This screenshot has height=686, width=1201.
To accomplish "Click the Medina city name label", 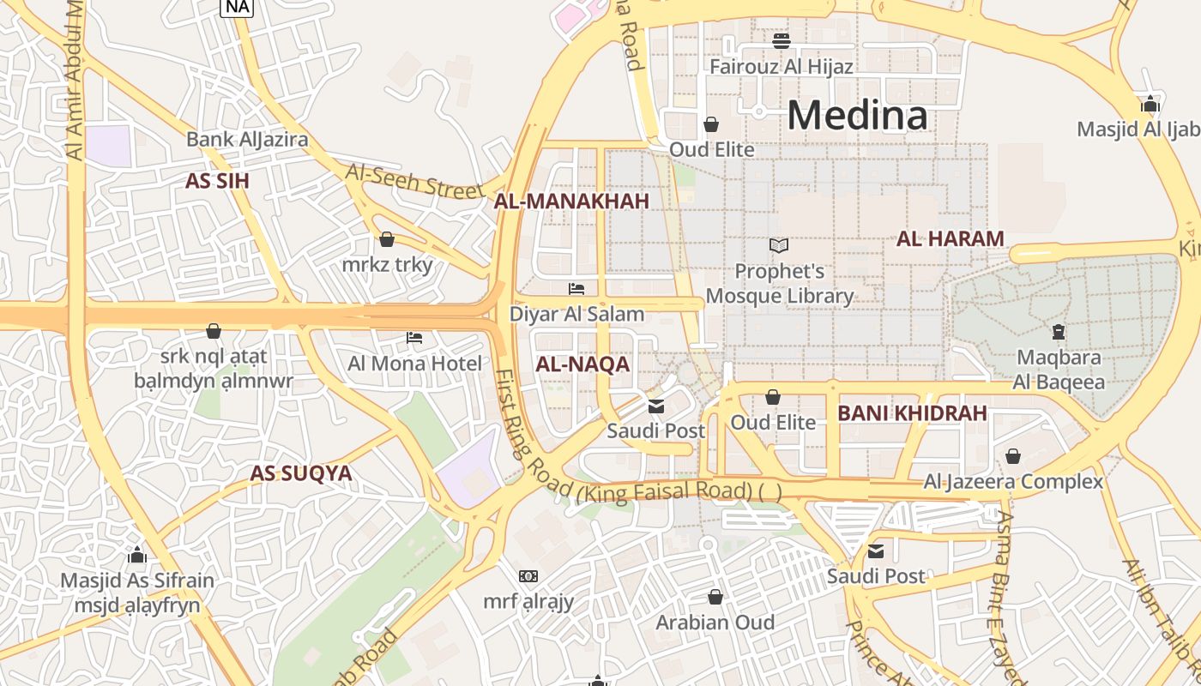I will (x=857, y=115).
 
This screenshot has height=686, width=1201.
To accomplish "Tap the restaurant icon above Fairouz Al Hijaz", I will (x=781, y=40).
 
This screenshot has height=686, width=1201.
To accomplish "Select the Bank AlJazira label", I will (x=247, y=139).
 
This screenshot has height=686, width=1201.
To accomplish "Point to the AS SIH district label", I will (x=217, y=180).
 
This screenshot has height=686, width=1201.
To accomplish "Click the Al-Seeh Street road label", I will (x=414, y=181).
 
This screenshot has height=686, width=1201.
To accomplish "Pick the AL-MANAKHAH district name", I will (x=571, y=201).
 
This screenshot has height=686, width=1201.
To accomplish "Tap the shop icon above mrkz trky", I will (x=387, y=239).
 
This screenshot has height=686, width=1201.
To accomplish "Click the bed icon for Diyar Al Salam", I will (x=576, y=290).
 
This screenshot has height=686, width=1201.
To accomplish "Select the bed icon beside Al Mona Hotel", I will (x=414, y=338).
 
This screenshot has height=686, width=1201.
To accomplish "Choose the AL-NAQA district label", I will (x=582, y=364).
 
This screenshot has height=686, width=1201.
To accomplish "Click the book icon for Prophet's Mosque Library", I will (x=779, y=246).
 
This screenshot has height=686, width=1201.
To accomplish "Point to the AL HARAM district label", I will (x=950, y=239).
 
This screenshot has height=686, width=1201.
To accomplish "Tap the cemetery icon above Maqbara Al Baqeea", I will (x=1059, y=331).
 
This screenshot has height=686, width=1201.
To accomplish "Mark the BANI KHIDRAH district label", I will (x=912, y=413).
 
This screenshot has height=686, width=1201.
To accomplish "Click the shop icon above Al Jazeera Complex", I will (x=1013, y=456).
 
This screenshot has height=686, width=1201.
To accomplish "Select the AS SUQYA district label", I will (x=301, y=473).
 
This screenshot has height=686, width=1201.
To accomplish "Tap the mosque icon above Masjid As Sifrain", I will (x=136, y=555).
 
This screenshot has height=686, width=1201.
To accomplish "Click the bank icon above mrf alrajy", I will (x=528, y=576).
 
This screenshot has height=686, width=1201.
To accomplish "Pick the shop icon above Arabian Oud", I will (x=715, y=597).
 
